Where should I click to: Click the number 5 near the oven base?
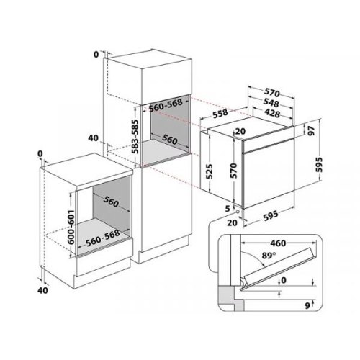227,210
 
